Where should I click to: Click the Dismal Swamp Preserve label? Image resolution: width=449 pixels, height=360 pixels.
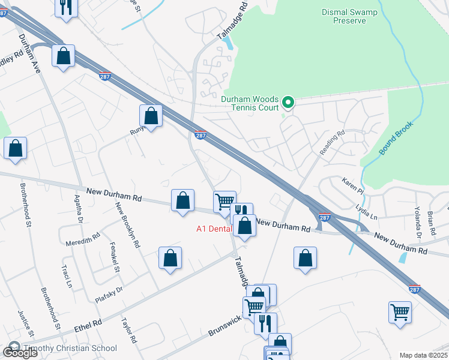(351, 16)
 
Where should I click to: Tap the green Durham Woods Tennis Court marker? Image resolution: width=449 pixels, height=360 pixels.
(288, 103)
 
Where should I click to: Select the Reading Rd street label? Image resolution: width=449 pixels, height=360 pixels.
(332, 143)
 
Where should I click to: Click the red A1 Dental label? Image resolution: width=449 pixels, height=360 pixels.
(214, 229)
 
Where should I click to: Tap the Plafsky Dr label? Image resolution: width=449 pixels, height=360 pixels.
(109, 294)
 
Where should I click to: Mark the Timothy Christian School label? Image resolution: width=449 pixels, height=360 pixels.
(71, 348)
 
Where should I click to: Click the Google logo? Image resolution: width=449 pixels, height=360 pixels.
(20, 353)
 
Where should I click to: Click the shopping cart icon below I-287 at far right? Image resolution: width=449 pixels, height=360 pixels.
(400, 312)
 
